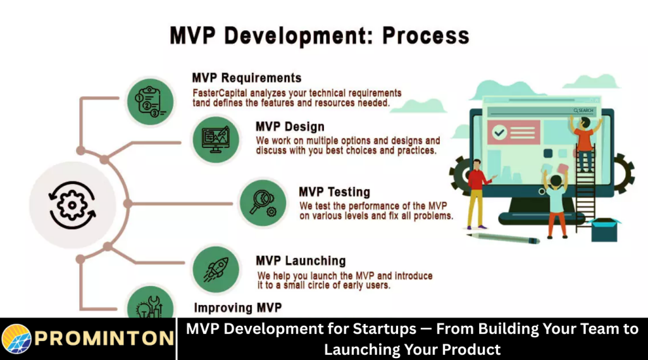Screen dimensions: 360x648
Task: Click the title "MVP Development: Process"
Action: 320,35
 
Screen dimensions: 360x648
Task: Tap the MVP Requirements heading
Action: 246,78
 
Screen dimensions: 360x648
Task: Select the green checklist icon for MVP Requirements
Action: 149,101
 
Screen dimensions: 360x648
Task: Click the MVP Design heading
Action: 290,127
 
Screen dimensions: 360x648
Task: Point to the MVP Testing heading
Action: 334,192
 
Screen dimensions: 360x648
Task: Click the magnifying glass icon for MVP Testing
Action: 262,202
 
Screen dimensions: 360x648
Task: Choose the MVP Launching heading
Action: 301,261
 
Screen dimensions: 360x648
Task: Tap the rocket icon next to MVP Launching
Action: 215,270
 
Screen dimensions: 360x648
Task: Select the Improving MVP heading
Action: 237,308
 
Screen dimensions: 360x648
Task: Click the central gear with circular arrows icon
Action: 72,205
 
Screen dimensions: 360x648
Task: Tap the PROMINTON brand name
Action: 104,338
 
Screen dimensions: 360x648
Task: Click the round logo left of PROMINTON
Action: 16,338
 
